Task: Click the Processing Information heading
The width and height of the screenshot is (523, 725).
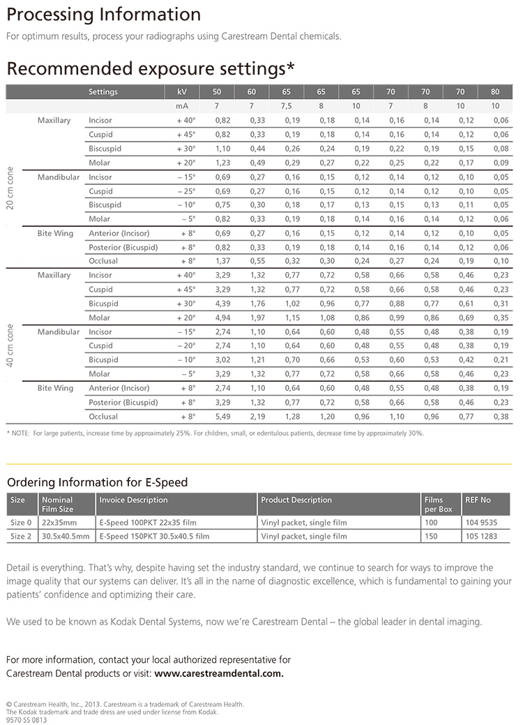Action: tap(103, 15)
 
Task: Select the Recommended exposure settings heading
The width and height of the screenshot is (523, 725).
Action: tap(150, 68)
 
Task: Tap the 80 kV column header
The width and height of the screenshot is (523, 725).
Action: tap(495, 92)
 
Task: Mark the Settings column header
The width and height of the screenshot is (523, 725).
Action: tap(103, 92)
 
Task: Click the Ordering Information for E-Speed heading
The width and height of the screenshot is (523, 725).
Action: tap(97, 482)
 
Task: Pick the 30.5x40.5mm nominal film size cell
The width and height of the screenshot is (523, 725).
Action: tap(66, 537)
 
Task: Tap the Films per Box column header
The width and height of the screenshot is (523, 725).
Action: tap(438, 504)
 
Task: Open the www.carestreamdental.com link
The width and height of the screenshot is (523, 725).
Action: tap(219, 674)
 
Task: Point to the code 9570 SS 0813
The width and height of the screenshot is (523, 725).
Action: tap(26, 720)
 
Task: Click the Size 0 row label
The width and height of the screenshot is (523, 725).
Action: tap(21, 523)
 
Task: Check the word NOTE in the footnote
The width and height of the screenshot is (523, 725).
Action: tap(22, 433)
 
